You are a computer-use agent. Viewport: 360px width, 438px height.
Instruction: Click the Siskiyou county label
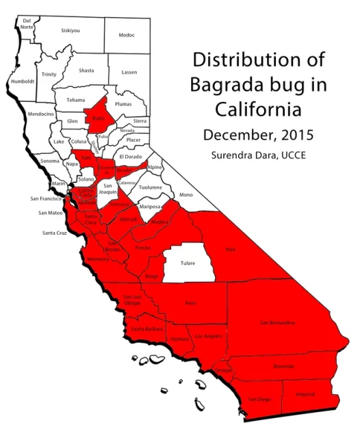pyautogui.click(x=70, y=31)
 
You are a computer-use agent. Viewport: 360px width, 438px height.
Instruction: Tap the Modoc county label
pyautogui.click(x=127, y=36)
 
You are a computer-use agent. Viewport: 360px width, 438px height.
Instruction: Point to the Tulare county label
pyautogui.click(x=187, y=263)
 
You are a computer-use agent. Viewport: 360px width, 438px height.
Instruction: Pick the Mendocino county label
pyautogui.click(x=41, y=114)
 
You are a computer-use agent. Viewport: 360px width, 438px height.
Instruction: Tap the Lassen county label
pyautogui.click(x=129, y=73)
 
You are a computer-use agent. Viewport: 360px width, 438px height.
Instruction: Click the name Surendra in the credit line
pyautogui.click(x=232, y=155)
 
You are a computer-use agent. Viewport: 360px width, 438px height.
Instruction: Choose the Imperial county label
pyautogui.click(x=305, y=395)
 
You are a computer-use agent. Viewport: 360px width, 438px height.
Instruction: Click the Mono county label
pyautogui.click(x=186, y=195)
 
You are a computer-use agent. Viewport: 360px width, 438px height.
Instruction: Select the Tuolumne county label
pyautogui.click(x=150, y=188)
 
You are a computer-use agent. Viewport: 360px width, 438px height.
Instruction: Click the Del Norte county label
pyautogui.click(x=27, y=23)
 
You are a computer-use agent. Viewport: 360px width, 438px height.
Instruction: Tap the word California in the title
pyautogui.click(x=258, y=109)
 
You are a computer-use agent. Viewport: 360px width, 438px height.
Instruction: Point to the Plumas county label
pyautogui.click(x=123, y=104)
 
